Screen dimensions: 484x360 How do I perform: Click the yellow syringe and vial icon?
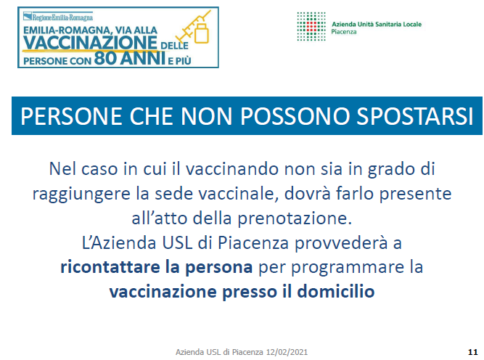[194, 28]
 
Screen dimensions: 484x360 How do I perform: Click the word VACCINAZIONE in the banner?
[90, 42]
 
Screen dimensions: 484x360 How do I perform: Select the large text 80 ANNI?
[130, 58]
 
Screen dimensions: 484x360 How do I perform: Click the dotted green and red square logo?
[311, 27]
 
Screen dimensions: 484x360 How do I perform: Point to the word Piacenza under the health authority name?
[344, 32]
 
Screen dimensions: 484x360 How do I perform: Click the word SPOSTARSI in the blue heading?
[415, 116]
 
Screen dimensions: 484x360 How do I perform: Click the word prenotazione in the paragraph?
[295, 218]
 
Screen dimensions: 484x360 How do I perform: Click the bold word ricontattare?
[110, 267]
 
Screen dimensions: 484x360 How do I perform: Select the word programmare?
[348, 268]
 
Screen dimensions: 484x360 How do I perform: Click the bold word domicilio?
[336, 292]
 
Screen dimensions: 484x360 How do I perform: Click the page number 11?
[472, 352]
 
